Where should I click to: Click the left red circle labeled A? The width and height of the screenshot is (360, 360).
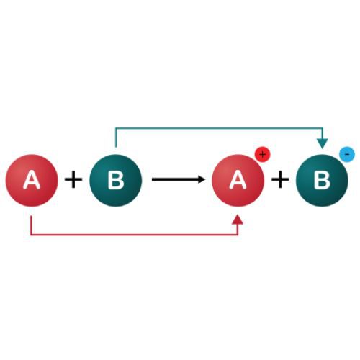pos(32,181)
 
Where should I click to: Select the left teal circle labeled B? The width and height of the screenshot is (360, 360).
pos(116,181)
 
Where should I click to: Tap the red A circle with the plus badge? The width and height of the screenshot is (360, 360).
pos(238,181)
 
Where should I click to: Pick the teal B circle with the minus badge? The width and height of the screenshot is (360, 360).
pos(322,181)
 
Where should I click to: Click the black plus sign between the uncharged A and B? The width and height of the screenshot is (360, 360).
pos(73,179)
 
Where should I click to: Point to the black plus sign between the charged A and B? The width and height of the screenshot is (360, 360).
pos(280,179)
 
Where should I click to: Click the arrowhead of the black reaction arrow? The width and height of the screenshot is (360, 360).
pos(201,179)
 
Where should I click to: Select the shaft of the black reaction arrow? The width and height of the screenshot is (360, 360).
pos(175,179)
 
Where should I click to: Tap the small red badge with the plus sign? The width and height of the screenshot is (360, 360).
pos(263,155)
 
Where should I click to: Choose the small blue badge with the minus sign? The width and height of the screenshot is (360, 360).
pos(347,154)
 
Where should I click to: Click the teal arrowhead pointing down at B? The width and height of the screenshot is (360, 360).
pos(323,143)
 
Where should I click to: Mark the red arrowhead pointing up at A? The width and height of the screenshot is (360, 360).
pos(238,220)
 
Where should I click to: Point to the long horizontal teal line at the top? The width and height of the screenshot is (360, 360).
pos(219,128)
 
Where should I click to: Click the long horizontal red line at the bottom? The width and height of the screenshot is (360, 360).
pos(135,234)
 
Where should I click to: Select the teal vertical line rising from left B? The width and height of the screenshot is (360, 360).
pos(116,138)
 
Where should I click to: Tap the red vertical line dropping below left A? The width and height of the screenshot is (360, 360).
pos(32,225)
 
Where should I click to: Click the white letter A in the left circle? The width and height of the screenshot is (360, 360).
pos(32,179)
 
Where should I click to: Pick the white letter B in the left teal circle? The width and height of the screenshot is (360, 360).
pos(116,179)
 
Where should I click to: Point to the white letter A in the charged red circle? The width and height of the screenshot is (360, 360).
pos(238,179)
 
